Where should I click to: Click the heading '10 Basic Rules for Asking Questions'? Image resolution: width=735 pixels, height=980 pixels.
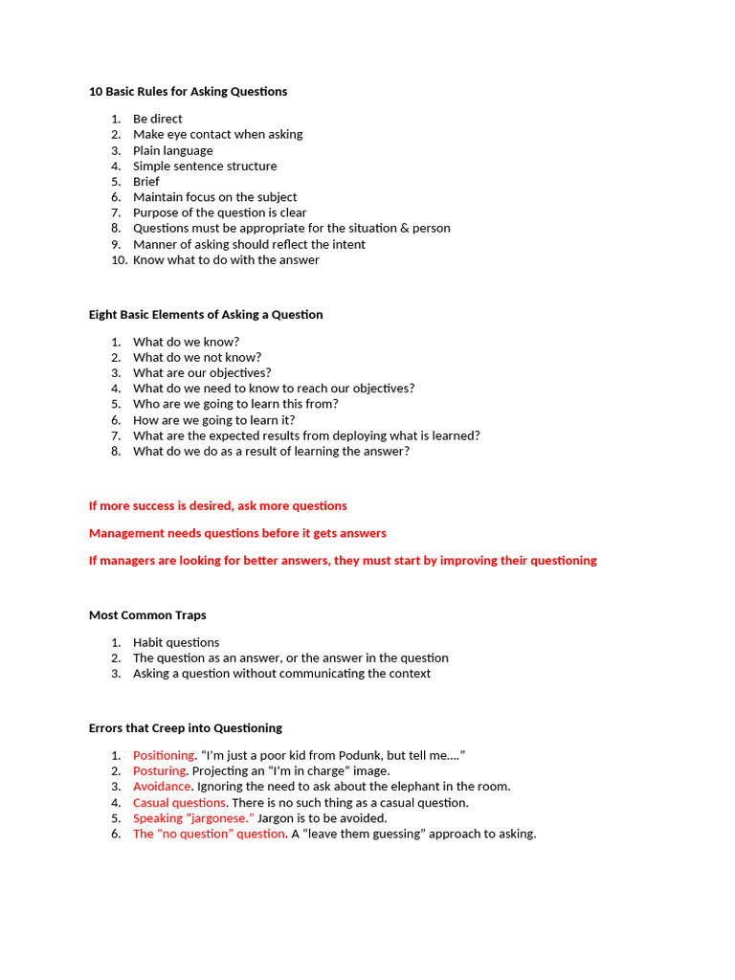tap(188, 92)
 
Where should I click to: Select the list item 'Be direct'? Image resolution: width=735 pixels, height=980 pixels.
tap(157, 119)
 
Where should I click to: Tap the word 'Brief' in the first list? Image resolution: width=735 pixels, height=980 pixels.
tap(146, 182)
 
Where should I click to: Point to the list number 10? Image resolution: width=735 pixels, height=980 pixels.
tap(118, 260)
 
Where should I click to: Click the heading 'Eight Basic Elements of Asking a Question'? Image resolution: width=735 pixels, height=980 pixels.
tap(206, 315)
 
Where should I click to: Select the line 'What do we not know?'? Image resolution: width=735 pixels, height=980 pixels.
tap(196, 358)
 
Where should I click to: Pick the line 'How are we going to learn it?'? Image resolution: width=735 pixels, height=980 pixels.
tap(213, 420)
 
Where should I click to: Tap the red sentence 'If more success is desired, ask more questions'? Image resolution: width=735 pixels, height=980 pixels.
tap(217, 506)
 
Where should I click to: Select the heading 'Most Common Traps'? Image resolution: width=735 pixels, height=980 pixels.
tap(147, 615)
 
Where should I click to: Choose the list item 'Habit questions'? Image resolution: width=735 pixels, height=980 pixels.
tap(176, 643)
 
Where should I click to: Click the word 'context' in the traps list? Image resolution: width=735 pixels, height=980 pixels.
tap(409, 674)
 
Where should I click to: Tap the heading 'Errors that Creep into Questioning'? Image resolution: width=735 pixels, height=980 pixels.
tap(185, 728)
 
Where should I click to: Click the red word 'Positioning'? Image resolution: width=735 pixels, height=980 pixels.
tap(164, 756)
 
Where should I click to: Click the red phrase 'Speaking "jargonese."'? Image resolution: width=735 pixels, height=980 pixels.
tap(193, 818)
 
